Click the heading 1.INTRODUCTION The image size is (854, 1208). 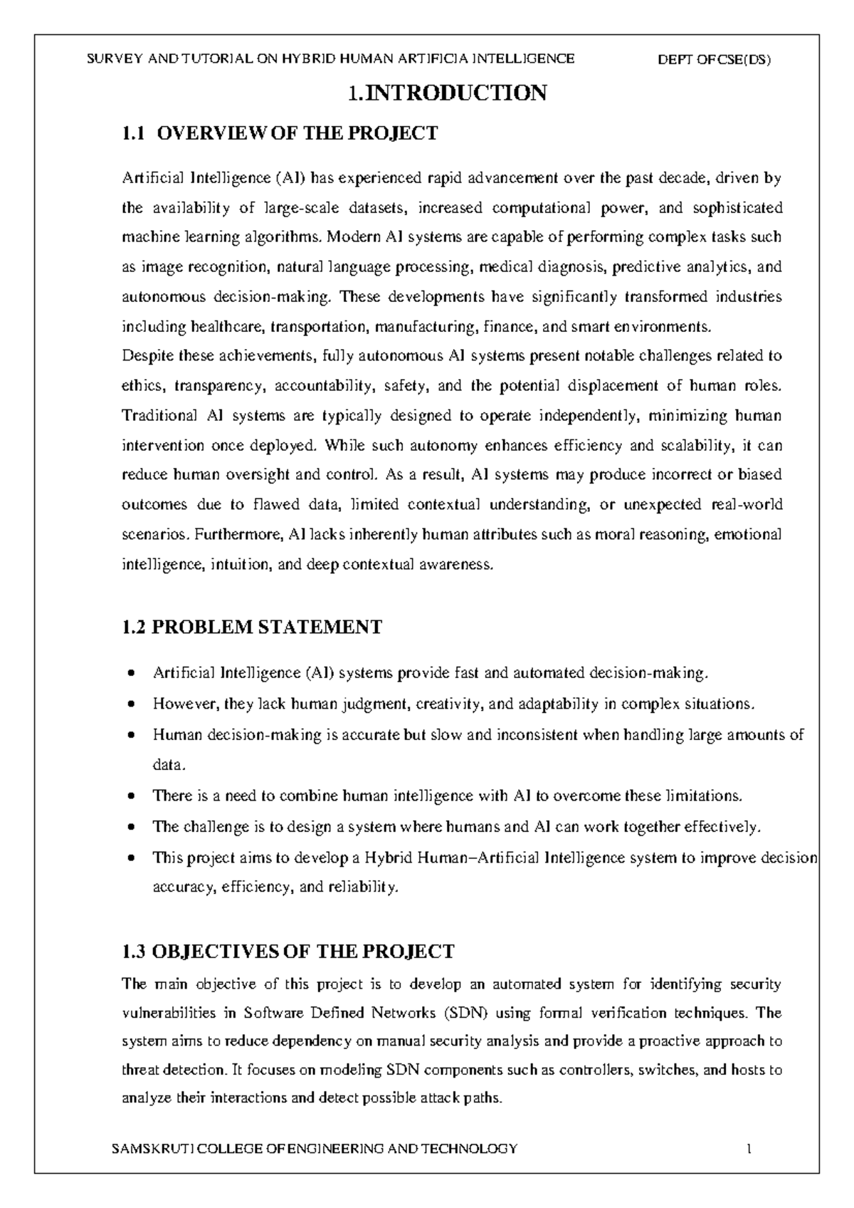pyautogui.click(x=447, y=93)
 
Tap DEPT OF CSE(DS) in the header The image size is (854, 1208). pyautogui.click(x=716, y=60)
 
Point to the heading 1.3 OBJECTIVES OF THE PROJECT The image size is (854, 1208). pyautogui.click(x=288, y=952)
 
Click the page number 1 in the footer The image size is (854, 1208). pyautogui.click(x=749, y=1149)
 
